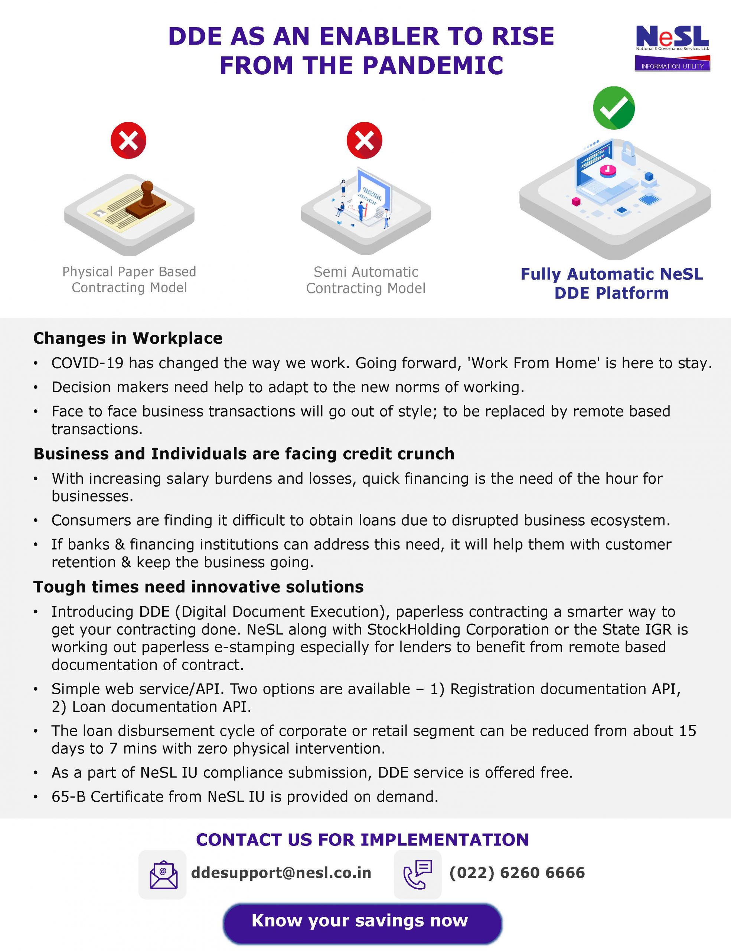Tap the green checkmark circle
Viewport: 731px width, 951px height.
tap(614, 108)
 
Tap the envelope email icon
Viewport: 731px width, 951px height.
tap(163, 875)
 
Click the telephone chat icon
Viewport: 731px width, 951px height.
tap(417, 875)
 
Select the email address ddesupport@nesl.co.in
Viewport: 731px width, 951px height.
tap(281, 873)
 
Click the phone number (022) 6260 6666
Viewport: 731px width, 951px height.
tap(517, 873)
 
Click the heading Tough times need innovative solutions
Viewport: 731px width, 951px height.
tap(198, 587)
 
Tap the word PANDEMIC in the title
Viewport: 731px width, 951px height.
tap(433, 66)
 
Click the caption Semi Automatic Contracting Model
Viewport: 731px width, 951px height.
tap(365, 280)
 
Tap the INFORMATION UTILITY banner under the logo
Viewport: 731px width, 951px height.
tap(672, 66)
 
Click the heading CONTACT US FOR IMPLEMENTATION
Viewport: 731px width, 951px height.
tap(362, 840)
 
